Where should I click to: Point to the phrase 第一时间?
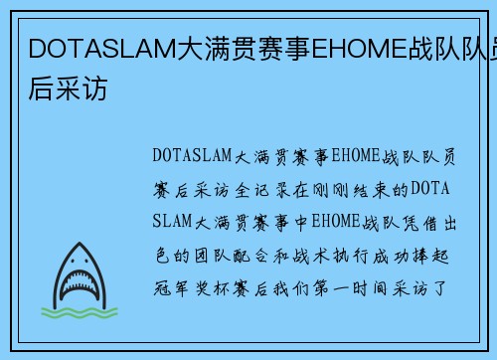click(352, 289)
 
